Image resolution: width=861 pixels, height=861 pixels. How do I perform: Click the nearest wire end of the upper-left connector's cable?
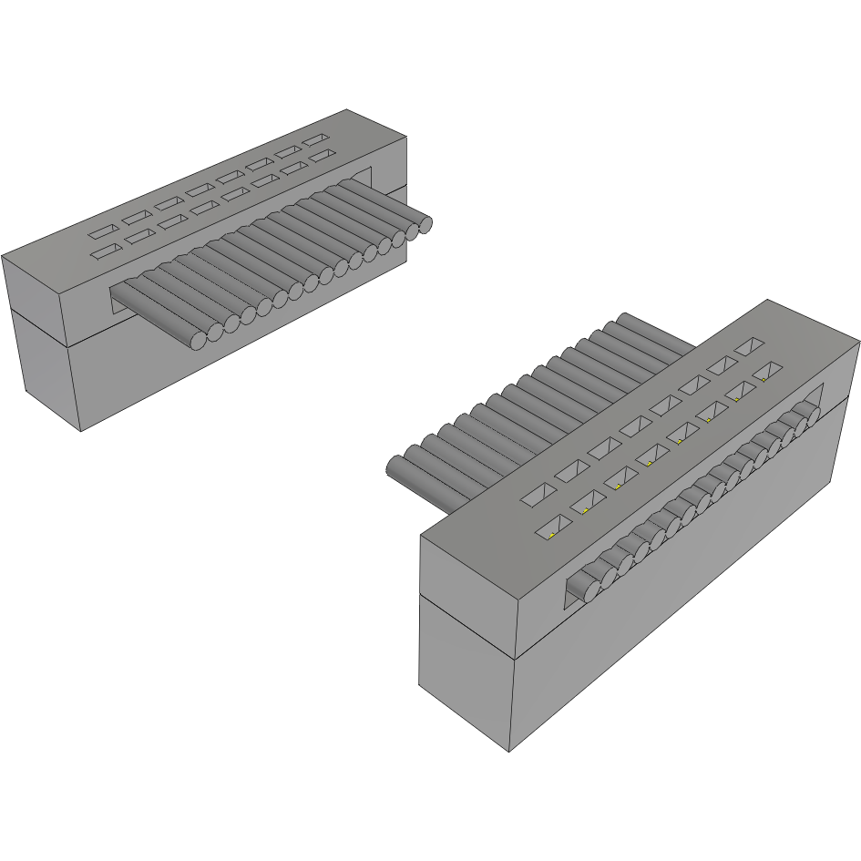click(x=200, y=341)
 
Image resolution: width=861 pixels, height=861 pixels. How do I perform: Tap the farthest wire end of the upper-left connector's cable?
click(x=423, y=225)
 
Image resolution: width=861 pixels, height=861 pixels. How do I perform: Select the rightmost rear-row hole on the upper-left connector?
click(x=316, y=140)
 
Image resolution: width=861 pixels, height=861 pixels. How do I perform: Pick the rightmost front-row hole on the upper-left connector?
click(x=320, y=158)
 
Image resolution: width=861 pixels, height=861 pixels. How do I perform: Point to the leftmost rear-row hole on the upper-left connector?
click(x=102, y=232)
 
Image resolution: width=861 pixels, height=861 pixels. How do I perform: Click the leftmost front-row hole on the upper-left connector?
click(x=106, y=250)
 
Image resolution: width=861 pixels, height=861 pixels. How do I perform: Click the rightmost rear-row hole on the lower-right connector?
click(x=749, y=347)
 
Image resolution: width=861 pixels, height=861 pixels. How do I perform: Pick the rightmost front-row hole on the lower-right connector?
click(x=768, y=371)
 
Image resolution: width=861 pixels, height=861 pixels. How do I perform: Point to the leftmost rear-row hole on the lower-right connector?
click(x=537, y=495)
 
